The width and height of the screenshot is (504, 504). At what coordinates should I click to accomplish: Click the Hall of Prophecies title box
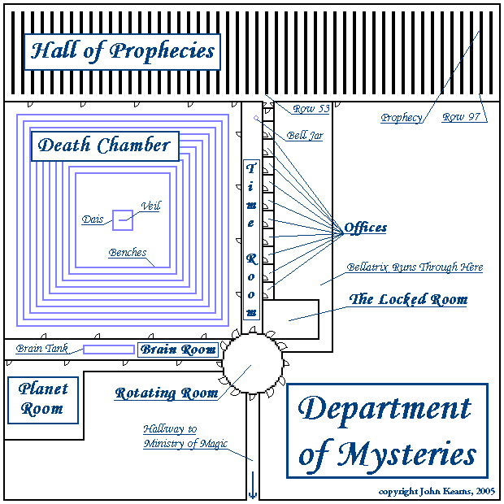pos(122,51)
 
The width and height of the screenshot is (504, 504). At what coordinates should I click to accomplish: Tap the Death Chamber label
pos(105,146)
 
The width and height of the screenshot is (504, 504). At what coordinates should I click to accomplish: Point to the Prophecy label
pos(402,118)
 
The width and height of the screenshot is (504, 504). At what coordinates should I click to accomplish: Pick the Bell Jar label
pos(304,136)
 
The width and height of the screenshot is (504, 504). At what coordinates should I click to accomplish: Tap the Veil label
pos(150,206)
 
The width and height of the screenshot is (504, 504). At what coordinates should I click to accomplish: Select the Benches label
pos(128,253)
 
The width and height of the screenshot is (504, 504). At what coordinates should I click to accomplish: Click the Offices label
pos(365,228)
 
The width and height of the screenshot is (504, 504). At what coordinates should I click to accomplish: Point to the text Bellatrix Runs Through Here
pos(415,267)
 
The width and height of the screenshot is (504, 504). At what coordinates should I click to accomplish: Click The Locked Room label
pos(408,299)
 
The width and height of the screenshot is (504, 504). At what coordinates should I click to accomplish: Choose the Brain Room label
pos(179,350)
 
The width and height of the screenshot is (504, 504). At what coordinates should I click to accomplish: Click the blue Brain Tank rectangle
pos(108,350)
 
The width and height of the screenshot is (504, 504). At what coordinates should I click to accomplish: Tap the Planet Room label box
pos(43,399)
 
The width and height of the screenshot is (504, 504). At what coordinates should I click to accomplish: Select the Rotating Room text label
pos(166,393)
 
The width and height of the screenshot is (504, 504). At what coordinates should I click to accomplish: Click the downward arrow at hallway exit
pos(251,490)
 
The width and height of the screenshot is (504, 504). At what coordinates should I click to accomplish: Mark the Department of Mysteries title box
pos(386,431)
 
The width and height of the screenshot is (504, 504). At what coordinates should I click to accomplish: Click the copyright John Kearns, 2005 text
pos(436,493)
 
